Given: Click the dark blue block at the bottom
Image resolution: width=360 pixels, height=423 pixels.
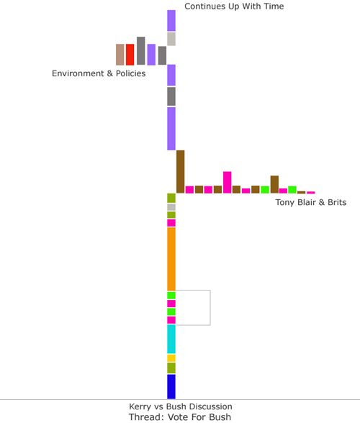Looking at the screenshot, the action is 171,386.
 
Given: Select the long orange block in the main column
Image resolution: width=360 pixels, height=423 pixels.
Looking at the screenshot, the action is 171,259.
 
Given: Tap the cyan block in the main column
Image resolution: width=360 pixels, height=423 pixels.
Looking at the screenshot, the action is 171,339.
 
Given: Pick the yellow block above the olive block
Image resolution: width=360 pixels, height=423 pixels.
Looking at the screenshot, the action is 171,358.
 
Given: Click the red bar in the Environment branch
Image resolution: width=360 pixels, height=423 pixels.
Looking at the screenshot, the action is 130,55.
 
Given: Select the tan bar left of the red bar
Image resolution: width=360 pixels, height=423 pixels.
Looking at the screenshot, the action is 120,55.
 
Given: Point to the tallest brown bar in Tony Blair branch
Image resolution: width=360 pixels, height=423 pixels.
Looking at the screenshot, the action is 181,171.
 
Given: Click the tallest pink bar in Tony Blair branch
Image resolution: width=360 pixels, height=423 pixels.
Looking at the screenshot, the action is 227,182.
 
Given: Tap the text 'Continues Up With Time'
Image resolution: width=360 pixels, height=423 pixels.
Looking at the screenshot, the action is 234,6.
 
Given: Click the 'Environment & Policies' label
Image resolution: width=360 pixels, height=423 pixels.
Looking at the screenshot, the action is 99,73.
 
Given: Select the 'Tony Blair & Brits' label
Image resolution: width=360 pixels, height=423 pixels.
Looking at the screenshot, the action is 311,202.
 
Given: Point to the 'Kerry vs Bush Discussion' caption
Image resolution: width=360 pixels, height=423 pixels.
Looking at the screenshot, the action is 181,406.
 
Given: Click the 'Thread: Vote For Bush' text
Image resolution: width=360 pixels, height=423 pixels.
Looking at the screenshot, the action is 180,417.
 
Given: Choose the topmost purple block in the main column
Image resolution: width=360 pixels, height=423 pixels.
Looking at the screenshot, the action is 171,20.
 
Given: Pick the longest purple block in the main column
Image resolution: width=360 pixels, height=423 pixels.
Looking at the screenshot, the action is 171,129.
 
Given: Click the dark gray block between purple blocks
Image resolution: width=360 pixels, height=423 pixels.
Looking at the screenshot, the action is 171,96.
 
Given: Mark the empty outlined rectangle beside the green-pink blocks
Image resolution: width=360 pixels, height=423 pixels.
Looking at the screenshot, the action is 210,308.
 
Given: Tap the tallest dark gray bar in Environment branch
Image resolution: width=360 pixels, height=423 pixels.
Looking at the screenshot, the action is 140,50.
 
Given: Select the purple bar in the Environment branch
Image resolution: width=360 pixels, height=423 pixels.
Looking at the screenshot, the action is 151,55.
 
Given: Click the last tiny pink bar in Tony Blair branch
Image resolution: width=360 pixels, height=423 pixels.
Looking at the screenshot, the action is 311,193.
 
